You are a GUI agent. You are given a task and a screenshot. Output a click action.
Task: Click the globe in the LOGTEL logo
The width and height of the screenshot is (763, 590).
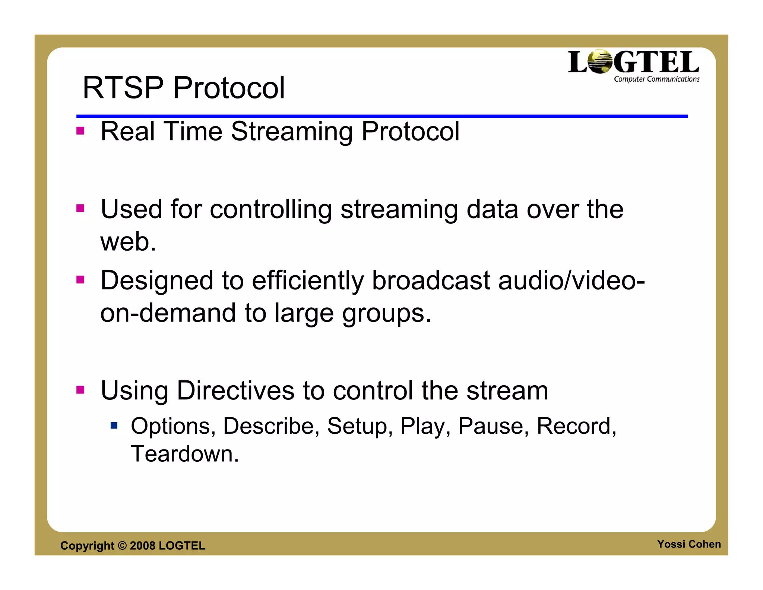point(600,62)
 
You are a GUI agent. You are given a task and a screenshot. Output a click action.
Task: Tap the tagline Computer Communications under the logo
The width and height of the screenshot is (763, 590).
point(656,79)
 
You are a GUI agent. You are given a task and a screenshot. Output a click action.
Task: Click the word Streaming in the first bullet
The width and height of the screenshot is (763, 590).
point(291,132)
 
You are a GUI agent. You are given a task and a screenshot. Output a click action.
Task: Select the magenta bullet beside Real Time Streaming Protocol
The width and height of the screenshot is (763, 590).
point(80,131)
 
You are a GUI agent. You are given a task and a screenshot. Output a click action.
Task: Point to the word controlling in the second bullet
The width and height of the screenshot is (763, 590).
point(270,210)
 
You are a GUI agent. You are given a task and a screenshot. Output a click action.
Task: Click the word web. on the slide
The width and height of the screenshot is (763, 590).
point(128,242)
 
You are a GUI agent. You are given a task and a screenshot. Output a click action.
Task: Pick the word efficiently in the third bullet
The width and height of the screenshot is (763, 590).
point(307,281)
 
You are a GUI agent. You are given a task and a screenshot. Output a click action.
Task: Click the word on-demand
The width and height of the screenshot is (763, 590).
point(168,313)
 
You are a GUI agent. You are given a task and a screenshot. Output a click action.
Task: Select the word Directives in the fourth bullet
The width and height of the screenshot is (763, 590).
point(235,391)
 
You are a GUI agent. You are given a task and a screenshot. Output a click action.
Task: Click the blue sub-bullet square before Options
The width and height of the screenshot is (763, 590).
point(114,425)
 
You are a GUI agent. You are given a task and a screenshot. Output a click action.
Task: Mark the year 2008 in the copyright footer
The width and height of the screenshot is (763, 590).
point(142,546)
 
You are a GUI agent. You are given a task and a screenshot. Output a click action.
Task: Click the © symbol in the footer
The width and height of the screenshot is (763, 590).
point(122,546)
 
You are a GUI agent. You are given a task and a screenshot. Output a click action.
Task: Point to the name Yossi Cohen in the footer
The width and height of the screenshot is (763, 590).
point(688,544)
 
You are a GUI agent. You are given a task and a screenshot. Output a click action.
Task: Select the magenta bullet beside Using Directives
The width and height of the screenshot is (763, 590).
point(80,390)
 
